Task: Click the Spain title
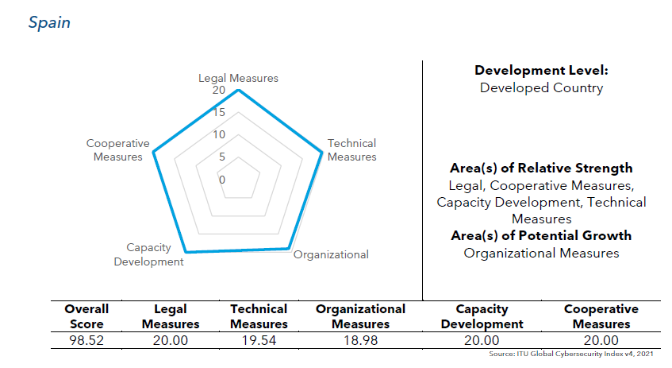49,22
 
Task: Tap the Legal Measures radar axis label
238,78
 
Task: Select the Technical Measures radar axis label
351,149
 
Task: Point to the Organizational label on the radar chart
331,254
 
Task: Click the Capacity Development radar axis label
149,254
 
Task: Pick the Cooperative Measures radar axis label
118,149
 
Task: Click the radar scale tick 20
218,91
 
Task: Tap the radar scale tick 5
222,157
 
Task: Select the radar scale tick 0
222,180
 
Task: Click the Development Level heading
541,70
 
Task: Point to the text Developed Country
541,87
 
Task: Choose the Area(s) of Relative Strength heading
541,168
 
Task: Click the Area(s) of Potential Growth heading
541,235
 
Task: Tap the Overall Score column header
86,316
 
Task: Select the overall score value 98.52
86,340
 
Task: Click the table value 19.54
259,340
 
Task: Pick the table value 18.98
360,340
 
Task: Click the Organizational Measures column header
360,316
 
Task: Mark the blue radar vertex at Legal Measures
238,90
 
